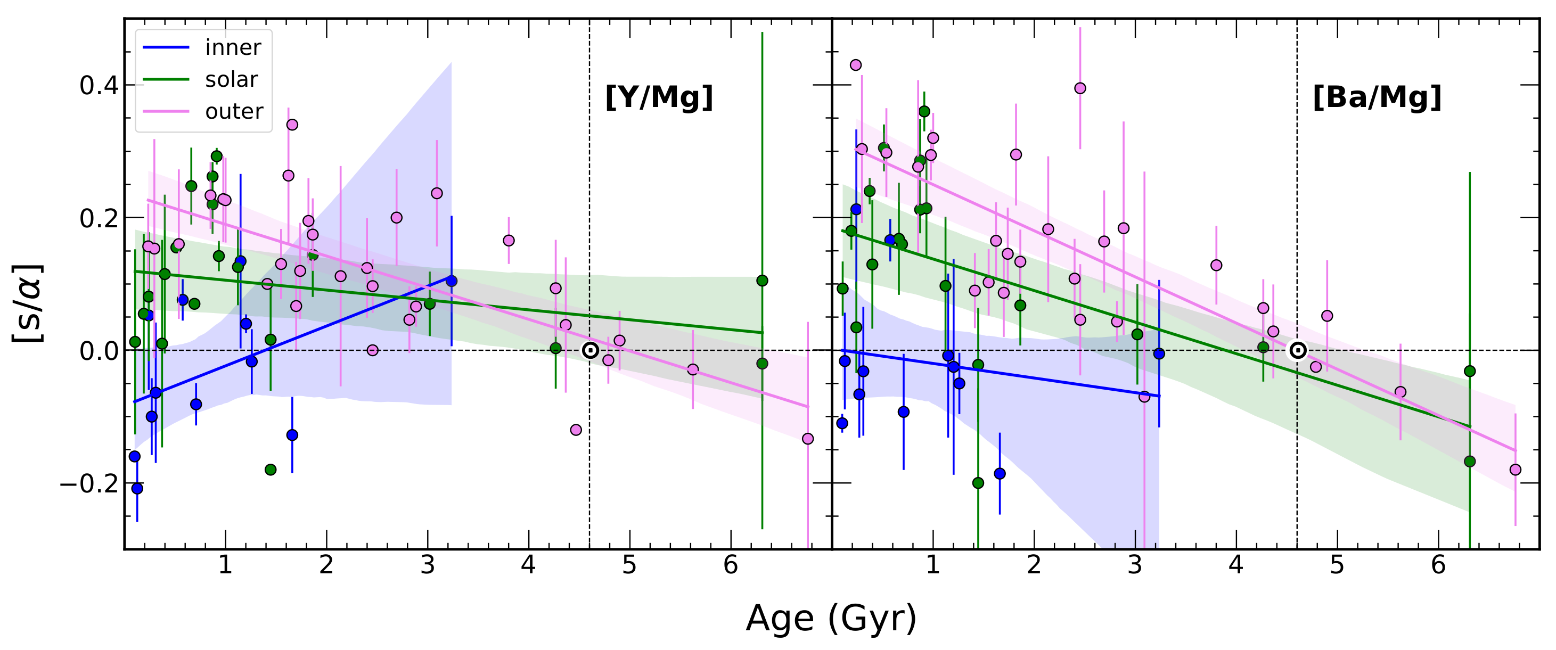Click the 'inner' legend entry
(233, 48)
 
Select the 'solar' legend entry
(231, 80)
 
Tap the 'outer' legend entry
(234, 112)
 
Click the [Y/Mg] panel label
(659, 97)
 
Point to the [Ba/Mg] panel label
(1377, 97)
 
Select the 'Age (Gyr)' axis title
(831, 618)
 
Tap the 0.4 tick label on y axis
(99, 86)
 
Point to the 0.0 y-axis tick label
(99, 351)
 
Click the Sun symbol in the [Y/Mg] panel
(590, 350)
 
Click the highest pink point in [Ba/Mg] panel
(855, 64)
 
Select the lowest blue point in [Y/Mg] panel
(137, 488)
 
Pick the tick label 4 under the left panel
(529, 565)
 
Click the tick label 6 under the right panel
(1438, 565)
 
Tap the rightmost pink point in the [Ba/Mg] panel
(1515, 470)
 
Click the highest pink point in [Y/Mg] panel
(292, 125)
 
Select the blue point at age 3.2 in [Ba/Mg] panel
(1159, 353)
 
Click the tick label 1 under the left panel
(225, 565)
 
